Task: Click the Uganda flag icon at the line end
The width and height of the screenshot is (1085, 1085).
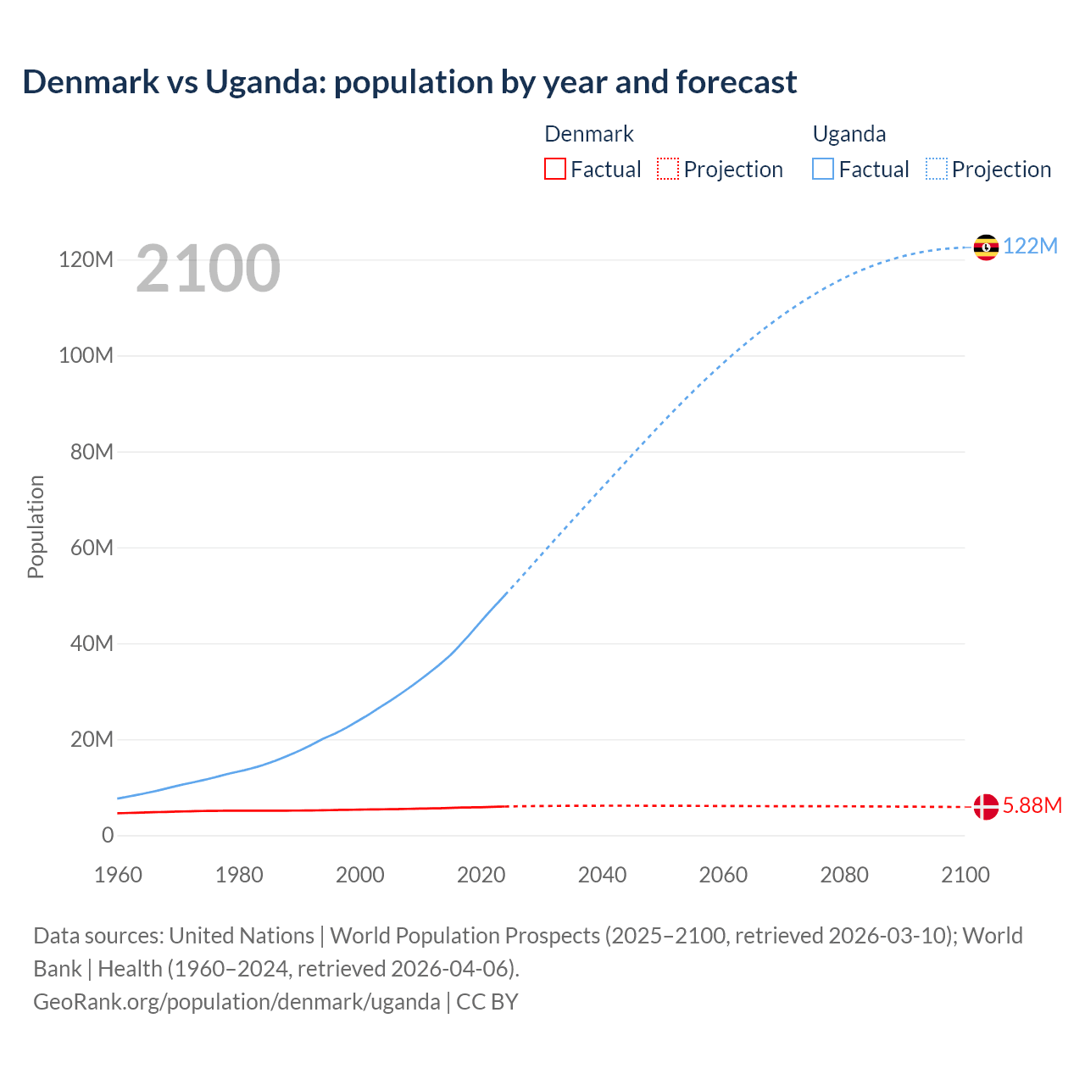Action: [x=986, y=247]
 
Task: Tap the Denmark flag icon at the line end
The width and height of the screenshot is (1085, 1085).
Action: [x=986, y=806]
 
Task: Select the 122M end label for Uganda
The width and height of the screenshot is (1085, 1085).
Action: [x=1030, y=246]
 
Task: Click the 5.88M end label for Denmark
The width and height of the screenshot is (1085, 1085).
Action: [x=1032, y=805]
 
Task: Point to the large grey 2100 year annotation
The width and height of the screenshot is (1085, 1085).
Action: [x=208, y=269]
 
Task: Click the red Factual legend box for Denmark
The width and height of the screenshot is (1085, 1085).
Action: [x=554, y=169]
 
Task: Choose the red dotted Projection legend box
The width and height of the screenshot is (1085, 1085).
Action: [x=668, y=169]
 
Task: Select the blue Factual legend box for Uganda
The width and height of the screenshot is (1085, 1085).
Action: [x=823, y=169]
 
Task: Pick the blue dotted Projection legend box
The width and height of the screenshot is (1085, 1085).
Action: [x=937, y=169]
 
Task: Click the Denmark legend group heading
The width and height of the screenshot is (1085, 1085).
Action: [x=588, y=134]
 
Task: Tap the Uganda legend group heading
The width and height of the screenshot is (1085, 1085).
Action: [x=849, y=134]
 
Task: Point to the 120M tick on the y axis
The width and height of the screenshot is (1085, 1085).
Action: [x=86, y=259]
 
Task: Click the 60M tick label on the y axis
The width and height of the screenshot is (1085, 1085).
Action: [x=92, y=548]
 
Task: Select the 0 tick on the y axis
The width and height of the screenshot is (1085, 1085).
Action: [x=108, y=835]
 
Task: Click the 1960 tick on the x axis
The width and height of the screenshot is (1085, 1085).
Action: [x=118, y=875]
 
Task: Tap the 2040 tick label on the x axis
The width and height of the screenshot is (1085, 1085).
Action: [x=602, y=875]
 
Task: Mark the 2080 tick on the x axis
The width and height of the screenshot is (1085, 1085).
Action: [x=844, y=875]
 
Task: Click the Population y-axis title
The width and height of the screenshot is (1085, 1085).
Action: [x=36, y=526]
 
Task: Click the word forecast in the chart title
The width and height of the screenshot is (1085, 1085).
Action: [x=736, y=82]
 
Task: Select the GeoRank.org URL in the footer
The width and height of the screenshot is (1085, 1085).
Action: [x=236, y=1001]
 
